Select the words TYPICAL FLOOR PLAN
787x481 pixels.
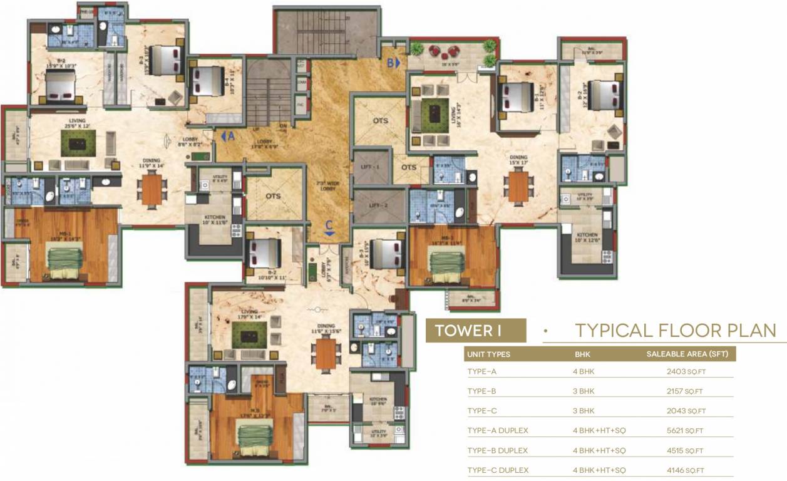[676, 331]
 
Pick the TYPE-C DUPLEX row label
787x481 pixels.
[498, 470]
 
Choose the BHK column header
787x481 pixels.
[582, 354]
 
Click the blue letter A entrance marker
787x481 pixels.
[229, 135]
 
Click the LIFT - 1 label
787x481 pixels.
[371, 167]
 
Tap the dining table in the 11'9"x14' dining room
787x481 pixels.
[152, 190]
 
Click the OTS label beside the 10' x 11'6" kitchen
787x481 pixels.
[273, 195]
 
